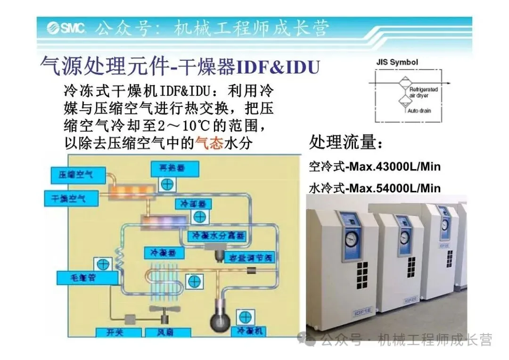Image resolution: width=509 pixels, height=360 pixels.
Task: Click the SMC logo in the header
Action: pyautogui.click(x=66, y=29)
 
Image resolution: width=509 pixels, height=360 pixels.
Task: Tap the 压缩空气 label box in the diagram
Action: pyautogui.click(x=76, y=174)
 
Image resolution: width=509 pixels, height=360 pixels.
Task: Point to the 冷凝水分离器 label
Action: pyautogui.click(x=217, y=235)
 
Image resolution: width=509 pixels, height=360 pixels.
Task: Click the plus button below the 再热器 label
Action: pyautogui.click(x=167, y=184)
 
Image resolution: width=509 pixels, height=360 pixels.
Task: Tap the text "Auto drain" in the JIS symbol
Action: pyautogui.click(x=419, y=111)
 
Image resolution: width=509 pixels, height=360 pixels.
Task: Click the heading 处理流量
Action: pyautogui.click(x=346, y=141)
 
